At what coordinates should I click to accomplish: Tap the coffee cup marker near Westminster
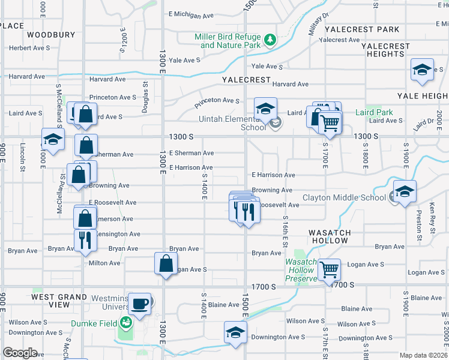140,304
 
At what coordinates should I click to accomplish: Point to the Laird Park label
374,112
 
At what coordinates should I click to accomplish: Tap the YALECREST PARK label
361,29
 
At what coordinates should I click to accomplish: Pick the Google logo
19,353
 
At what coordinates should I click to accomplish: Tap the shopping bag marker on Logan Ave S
166,263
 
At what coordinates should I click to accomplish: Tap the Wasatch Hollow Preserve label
300,270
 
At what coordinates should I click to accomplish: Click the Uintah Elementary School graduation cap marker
265,108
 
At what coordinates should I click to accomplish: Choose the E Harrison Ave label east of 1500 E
273,175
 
